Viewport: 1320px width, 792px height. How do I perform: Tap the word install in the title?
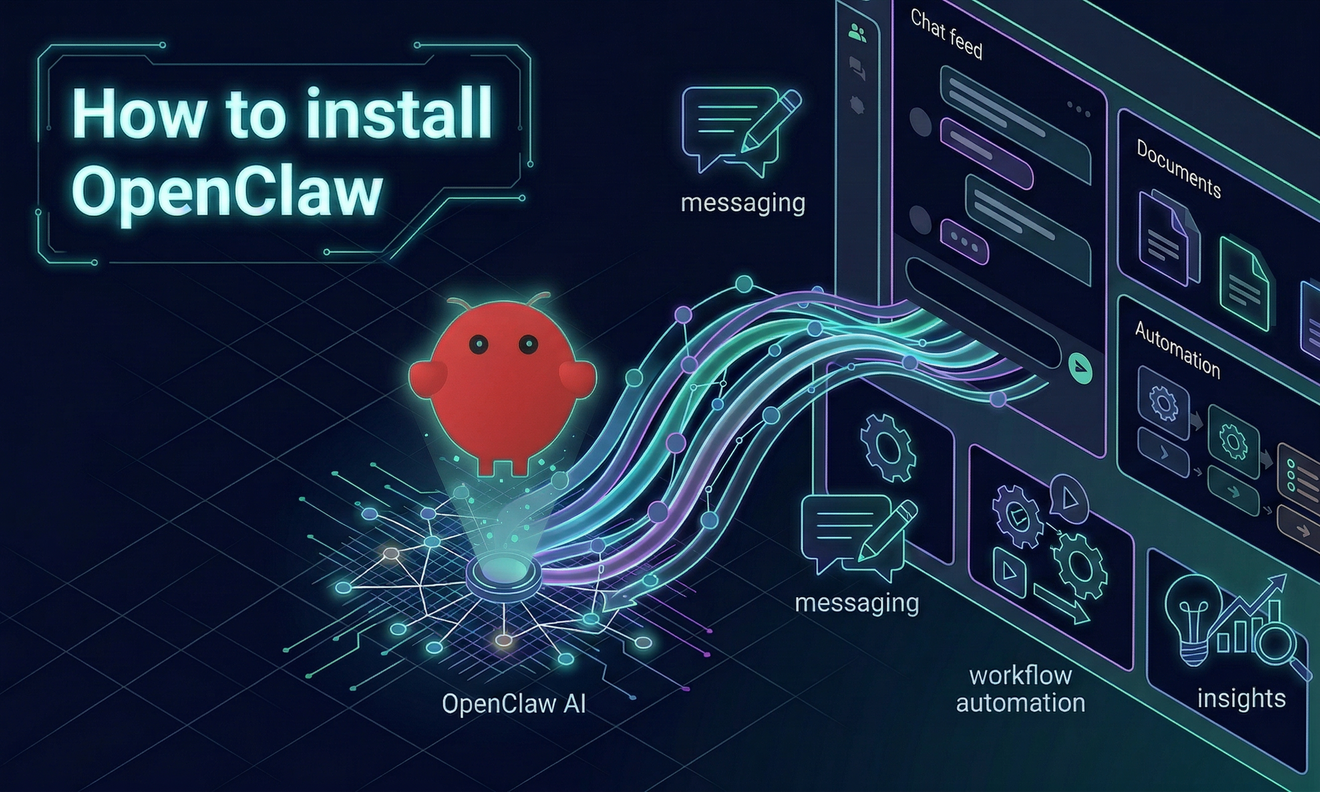pyautogui.click(x=400, y=114)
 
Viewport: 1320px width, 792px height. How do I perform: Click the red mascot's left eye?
pyautogui.click(x=478, y=344)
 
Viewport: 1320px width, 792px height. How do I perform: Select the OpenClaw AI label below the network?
pyautogui.click(x=514, y=704)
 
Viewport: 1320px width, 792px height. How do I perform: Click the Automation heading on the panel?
pyautogui.click(x=1177, y=350)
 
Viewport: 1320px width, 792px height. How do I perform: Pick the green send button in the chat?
pyautogui.click(x=1080, y=368)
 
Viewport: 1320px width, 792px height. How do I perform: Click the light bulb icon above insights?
pyautogui.click(x=1194, y=619)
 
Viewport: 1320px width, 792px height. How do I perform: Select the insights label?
pyautogui.click(x=1241, y=698)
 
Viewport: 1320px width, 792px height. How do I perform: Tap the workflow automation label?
pyautogui.click(x=1020, y=689)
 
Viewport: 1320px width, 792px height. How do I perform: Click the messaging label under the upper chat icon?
pyautogui.click(x=742, y=203)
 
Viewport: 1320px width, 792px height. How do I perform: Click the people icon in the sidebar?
pyautogui.click(x=857, y=34)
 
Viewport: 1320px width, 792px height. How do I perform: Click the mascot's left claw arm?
pyautogui.click(x=428, y=378)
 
